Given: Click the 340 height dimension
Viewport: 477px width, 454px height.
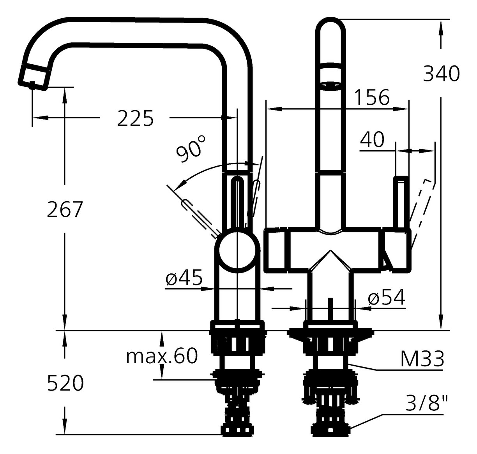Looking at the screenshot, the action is click(441, 74).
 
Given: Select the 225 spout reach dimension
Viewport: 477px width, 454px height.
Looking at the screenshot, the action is click(135, 118).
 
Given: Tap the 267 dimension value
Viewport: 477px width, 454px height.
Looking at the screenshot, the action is click(65, 209).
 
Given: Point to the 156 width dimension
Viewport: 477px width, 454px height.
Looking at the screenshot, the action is click(372, 97).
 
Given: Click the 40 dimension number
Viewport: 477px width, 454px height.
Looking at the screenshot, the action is click(372, 140).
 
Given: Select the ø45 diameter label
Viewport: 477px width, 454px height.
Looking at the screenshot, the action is click(184, 278).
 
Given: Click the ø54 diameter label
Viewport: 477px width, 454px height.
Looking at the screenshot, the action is click(387, 297).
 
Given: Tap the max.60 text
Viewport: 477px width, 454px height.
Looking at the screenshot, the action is click(162, 356).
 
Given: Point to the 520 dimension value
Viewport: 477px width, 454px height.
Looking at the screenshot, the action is click(65, 383).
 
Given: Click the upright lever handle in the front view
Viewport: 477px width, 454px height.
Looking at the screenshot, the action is click(401, 202).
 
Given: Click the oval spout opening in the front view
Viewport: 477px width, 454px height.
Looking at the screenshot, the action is click(330, 86).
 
